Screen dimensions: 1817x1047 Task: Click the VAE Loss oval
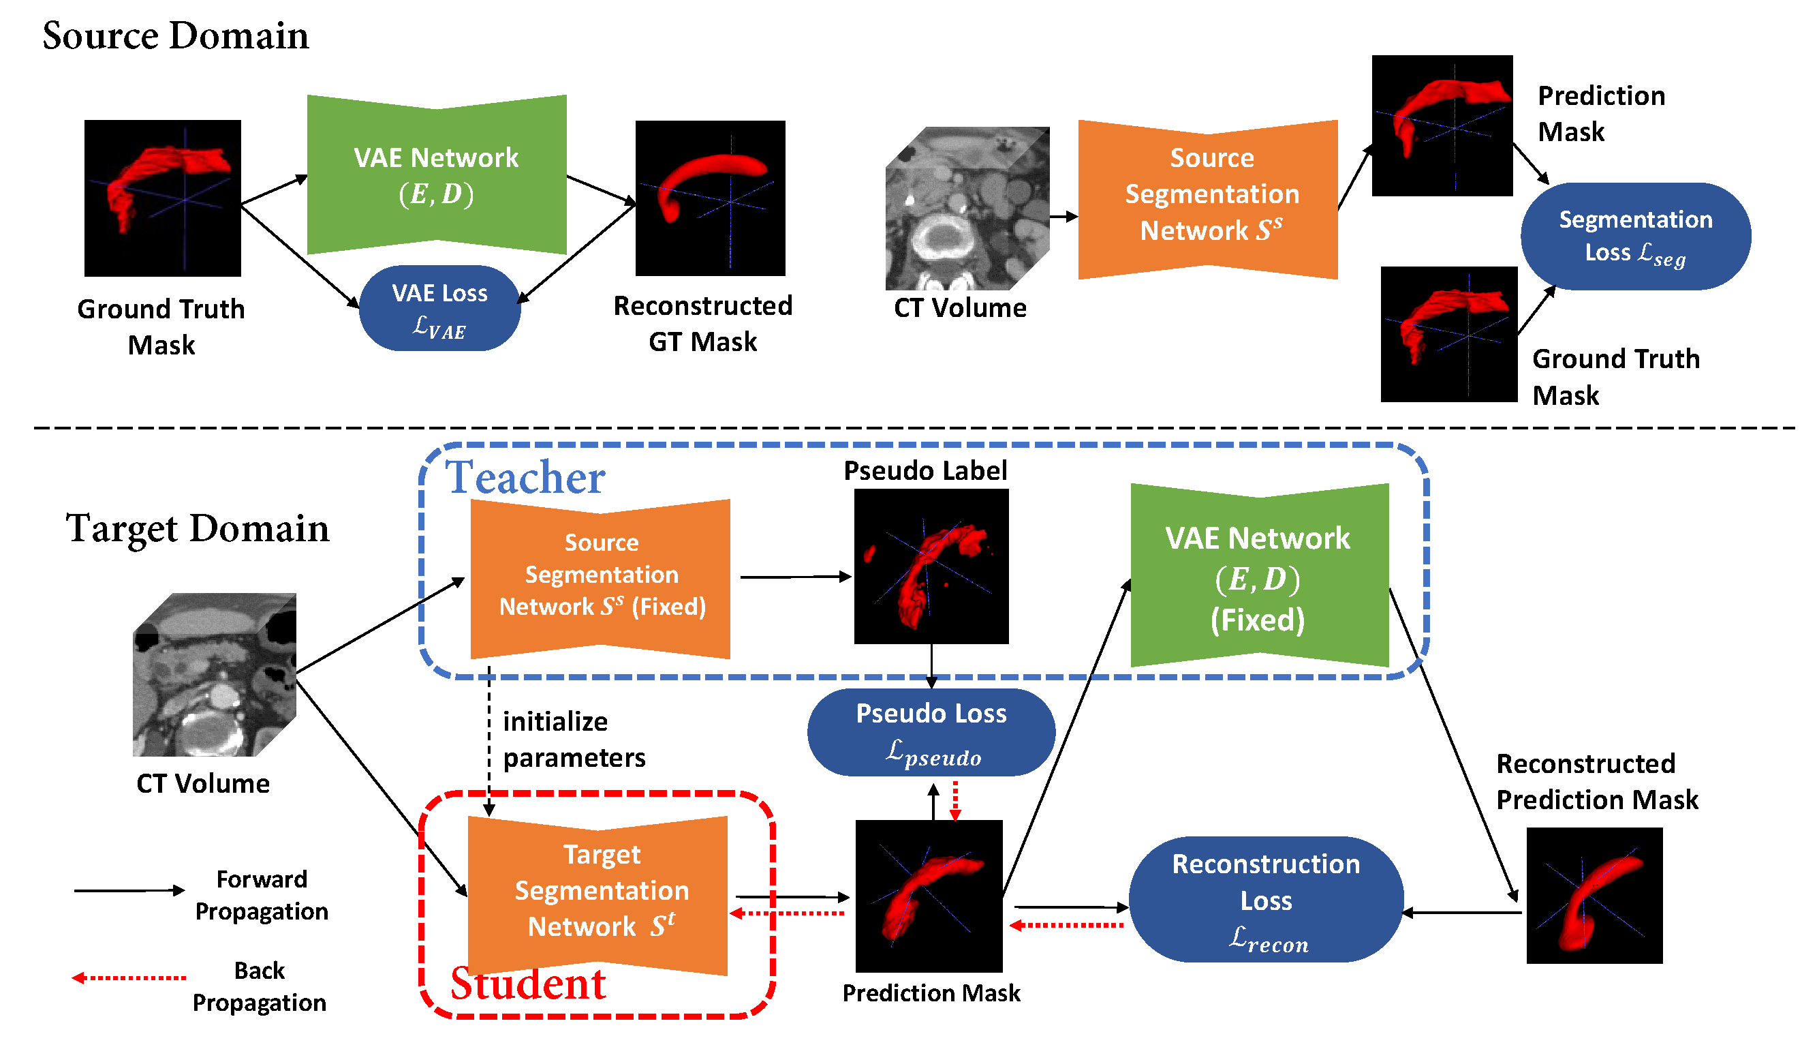(439, 308)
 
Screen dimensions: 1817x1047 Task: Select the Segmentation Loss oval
(1635, 237)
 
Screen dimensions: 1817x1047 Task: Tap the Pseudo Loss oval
(931, 732)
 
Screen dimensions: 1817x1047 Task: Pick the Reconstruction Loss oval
(1266, 899)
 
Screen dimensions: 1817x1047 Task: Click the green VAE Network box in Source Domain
(437, 174)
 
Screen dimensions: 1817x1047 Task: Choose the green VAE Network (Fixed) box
(1259, 575)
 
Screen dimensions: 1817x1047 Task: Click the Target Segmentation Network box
(597, 895)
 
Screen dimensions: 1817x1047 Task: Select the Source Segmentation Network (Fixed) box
(600, 579)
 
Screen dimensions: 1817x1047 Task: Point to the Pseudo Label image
(931, 566)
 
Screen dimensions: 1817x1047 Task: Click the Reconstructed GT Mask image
(710, 198)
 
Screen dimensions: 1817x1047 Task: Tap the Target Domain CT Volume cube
(214, 675)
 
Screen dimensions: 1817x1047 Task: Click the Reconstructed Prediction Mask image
(1594, 895)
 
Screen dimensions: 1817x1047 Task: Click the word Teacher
(525, 477)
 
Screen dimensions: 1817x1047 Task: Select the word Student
(527, 984)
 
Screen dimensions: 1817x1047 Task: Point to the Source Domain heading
(175, 35)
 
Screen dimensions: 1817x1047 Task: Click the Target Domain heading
(198, 528)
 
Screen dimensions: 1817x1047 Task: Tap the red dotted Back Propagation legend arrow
(129, 977)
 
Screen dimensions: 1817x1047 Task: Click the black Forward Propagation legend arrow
(129, 890)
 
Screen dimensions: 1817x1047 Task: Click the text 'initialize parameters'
(574, 739)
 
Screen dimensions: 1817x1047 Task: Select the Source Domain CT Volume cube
(967, 209)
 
